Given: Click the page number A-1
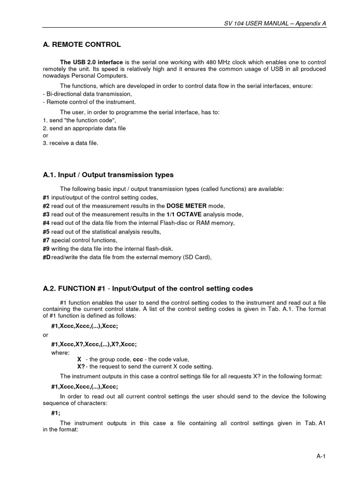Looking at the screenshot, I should click(x=321, y=457).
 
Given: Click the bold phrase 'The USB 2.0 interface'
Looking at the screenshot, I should click(x=88, y=62).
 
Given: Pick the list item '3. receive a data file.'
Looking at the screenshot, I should click(x=70, y=143).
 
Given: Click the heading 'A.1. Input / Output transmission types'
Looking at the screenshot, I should click(x=108, y=175).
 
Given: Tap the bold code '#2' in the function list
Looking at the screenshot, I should click(x=46, y=206).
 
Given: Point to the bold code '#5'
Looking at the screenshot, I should click(x=46, y=232).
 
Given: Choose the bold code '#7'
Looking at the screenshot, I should click(x=46, y=240).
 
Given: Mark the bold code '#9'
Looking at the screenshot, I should click(x=46, y=248).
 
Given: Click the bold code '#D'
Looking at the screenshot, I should click(x=46, y=257).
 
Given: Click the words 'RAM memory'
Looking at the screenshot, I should click(x=217, y=223).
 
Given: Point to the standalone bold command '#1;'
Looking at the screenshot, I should click(x=56, y=413).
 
